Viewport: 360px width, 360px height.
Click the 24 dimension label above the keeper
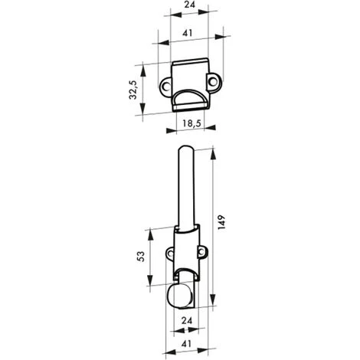tap(189, 5)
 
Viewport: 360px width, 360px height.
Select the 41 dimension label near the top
tap(187, 33)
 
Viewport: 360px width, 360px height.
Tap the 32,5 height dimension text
tap(133, 90)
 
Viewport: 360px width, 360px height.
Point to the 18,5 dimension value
tap(191, 123)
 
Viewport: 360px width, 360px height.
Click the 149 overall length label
tap(221, 223)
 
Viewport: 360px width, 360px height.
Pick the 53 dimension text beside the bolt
tap(141, 257)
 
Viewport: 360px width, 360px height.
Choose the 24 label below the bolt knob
tap(187, 321)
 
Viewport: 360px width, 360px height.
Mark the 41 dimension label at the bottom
tap(186, 344)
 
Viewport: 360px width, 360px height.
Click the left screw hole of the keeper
tap(165, 87)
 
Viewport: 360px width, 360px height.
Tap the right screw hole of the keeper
tap(212, 82)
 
